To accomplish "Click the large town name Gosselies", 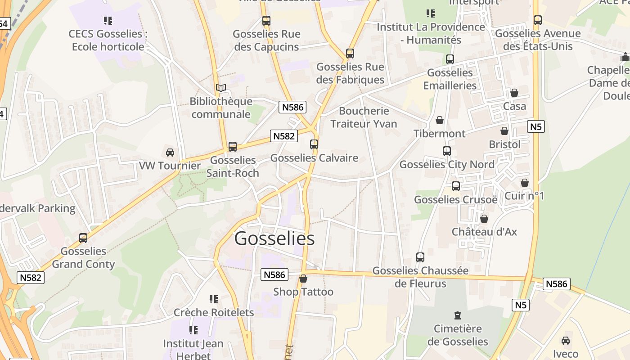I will click(274, 238).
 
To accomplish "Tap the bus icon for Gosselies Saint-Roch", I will click(233, 146).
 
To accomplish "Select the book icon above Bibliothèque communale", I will click(220, 88).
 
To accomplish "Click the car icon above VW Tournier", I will click(170, 153).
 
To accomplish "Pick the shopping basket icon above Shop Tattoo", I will click(303, 279).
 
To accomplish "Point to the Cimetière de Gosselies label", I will click(457, 335).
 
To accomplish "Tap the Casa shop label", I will click(514, 106).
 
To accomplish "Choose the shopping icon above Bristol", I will click(504, 131).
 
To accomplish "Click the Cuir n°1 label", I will click(524, 196).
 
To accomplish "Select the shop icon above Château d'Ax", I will click(484, 219).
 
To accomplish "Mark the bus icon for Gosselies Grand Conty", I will click(83, 238).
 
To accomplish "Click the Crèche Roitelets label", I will click(214, 312).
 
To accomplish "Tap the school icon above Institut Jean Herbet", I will click(193, 330).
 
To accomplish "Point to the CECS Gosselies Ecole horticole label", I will click(108, 40).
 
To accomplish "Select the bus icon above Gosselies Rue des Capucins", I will click(266, 21).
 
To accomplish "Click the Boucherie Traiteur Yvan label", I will click(364, 117).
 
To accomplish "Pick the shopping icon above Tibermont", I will click(440, 120).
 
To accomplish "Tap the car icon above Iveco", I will click(566, 341).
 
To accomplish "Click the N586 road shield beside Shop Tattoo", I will click(274, 274).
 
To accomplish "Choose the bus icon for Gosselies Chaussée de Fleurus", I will click(420, 257).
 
